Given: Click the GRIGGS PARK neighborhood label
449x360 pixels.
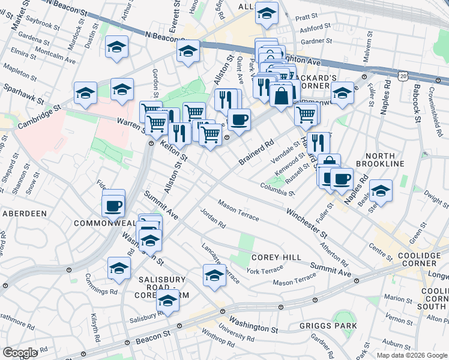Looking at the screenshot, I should [x=328, y=326].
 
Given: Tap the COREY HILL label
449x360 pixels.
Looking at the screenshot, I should [x=276, y=257].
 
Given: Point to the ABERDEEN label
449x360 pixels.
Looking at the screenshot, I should [x=25, y=213].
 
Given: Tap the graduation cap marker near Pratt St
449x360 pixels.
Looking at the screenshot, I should [x=267, y=14].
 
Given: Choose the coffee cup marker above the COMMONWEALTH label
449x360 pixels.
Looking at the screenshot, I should [x=113, y=206].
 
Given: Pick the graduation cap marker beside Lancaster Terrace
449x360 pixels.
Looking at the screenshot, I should [x=214, y=275].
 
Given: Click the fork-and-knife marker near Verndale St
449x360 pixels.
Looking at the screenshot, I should [x=318, y=142].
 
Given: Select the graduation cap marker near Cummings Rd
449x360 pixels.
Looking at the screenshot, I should [x=119, y=268].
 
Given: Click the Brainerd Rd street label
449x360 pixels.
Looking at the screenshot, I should [x=256, y=152].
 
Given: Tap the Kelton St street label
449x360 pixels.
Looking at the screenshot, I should [x=175, y=154].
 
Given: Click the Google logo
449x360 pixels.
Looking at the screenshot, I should [x=20, y=353].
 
